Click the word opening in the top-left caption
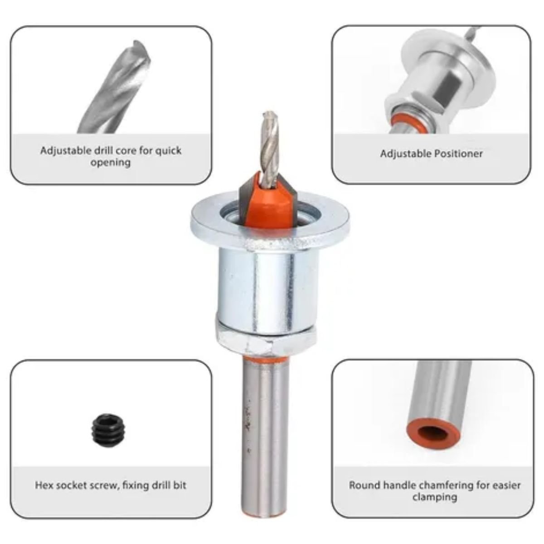click(110, 163)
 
